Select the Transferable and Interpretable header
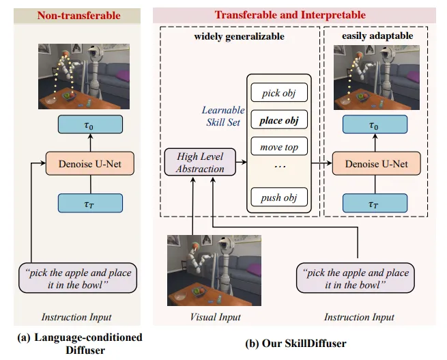point(290,15)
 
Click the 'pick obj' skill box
point(280,92)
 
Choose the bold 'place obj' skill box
point(280,120)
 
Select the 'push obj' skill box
point(280,197)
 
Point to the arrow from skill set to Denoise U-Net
point(319,164)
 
